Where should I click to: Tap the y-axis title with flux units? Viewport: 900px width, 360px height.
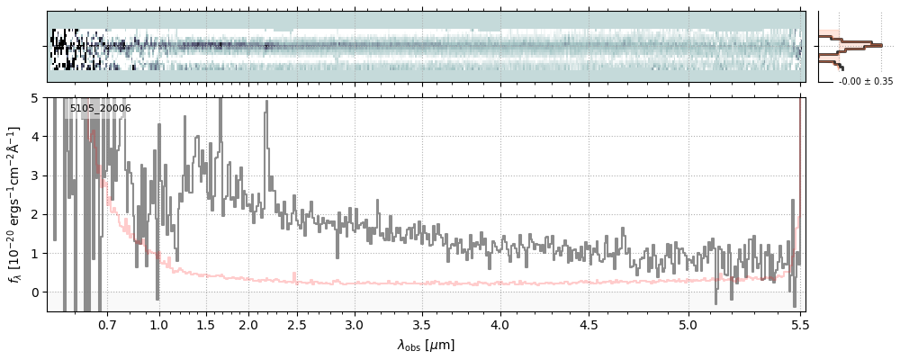(x=15, y=204)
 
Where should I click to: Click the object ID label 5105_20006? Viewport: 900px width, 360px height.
(x=100, y=109)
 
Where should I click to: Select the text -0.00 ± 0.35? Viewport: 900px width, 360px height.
(x=865, y=82)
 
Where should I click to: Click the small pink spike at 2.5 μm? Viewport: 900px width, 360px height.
(x=294, y=275)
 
